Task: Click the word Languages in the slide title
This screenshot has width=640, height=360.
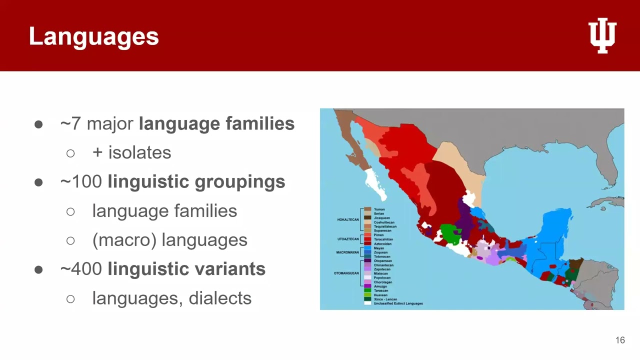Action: coord(94,37)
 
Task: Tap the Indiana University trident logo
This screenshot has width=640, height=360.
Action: coord(602,35)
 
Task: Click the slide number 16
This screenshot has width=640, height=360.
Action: coord(620,340)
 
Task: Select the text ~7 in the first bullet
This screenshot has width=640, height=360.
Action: coord(70,124)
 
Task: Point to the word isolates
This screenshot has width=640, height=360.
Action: coord(139,153)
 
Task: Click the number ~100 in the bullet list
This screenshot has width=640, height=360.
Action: coord(81,182)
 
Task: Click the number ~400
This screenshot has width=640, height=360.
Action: coord(81,269)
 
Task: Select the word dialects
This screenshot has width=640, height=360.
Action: coord(220,298)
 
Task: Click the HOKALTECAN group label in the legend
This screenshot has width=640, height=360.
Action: coord(348,219)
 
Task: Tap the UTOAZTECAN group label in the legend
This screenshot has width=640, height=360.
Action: coord(348,239)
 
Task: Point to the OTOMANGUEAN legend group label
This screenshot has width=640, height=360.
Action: coord(346,273)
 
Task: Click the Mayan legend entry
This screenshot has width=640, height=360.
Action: coord(378,248)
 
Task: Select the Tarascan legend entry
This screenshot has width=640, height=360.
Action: coord(380,290)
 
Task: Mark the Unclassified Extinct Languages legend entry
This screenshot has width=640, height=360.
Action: coord(398,303)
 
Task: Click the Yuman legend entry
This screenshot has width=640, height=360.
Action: coord(379,209)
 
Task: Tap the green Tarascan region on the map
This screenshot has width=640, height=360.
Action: coord(451,233)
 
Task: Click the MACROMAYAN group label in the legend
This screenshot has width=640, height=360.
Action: coord(347,252)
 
